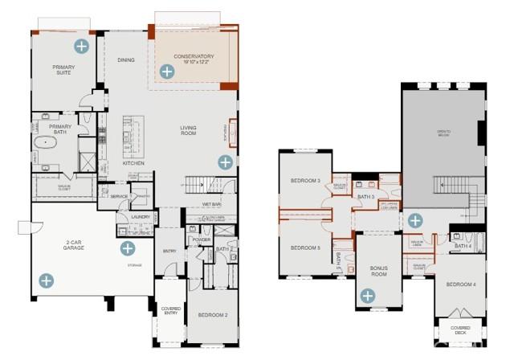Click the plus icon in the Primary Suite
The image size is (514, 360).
[80, 45]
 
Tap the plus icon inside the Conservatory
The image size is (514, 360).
[166, 72]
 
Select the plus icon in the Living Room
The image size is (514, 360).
[225, 162]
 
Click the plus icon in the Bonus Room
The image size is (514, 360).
[368, 296]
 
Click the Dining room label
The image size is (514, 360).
[126, 59]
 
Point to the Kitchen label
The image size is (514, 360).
[133, 163]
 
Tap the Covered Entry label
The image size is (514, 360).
[169, 309]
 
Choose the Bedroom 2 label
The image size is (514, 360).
[213, 315]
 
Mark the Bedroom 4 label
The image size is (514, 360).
[461, 284]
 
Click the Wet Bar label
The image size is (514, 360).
[212, 204]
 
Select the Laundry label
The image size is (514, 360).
[141, 217]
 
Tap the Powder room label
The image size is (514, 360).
[201, 239]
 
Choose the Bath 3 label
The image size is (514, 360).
[366, 196]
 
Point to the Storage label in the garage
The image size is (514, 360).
[134, 264]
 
